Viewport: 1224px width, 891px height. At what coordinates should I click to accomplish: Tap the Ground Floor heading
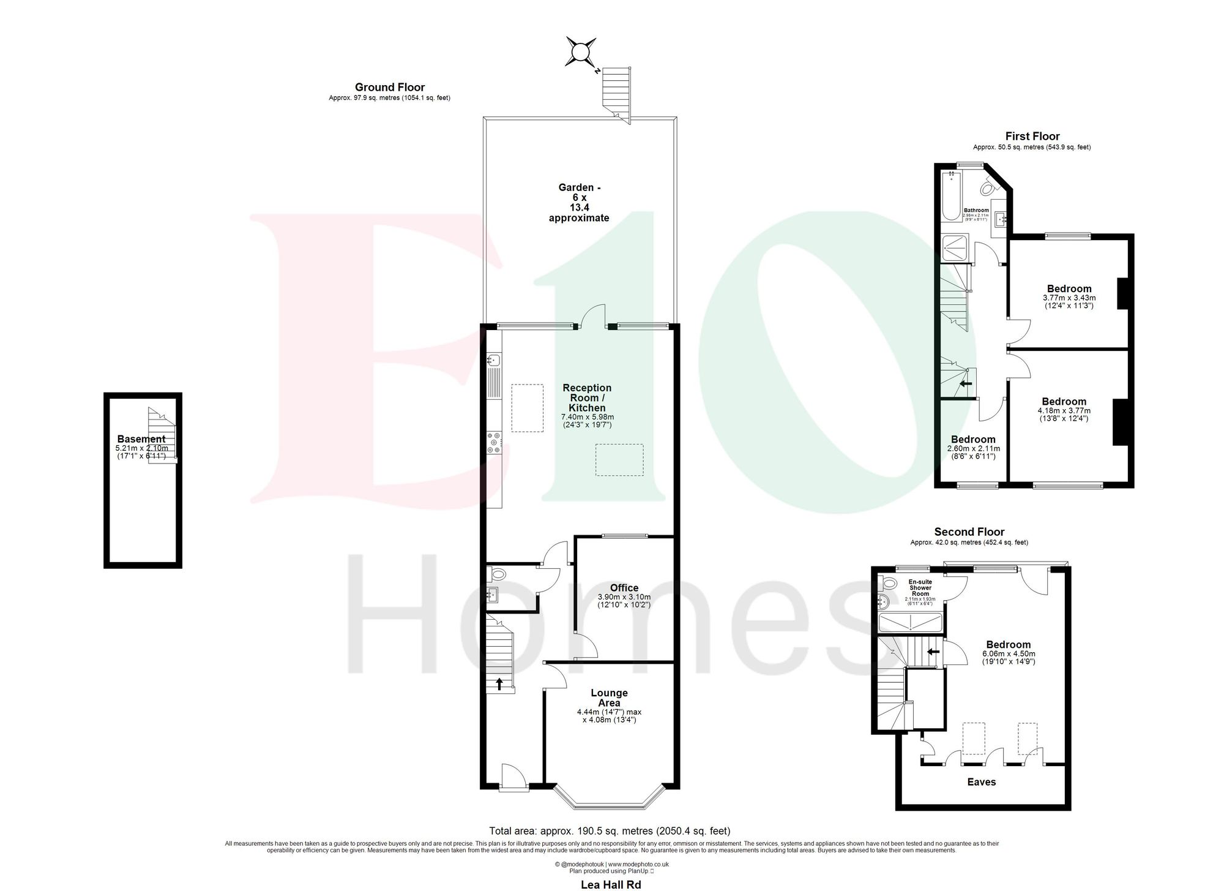pyautogui.click(x=390, y=88)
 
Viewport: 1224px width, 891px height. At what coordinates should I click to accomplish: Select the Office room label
pyautogui.click(x=624, y=588)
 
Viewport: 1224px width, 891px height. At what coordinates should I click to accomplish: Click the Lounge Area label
pyautogui.click(x=609, y=697)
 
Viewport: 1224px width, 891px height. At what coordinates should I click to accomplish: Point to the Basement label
pyautogui.click(x=141, y=439)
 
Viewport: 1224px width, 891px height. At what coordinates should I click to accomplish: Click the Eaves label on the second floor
pyautogui.click(x=982, y=782)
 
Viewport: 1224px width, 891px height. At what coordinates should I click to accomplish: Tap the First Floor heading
pyautogui.click(x=1032, y=136)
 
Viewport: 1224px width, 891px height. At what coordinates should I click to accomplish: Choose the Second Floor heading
pyautogui.click(x=969, y=532)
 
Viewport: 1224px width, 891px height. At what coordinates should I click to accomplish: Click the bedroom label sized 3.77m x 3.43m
pyautogui.click(x=1069, y=289)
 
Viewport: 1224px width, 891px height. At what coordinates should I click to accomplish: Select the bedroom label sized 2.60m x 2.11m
pyautogui.click(x=973, y=440)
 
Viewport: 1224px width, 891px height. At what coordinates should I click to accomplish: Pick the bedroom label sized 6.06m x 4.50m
pyautogui.click(x=1009, y=644)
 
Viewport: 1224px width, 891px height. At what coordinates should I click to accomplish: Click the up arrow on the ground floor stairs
pyautogui.click(x=499, y=683)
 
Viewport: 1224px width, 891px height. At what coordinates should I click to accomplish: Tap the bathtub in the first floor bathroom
pyautogui.click(x=951, y=196)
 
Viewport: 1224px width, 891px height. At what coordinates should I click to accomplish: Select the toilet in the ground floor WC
pyautogui.click(x=496, y=574)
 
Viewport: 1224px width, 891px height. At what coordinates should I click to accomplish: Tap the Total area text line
pyautogui.click(x=610, y=831)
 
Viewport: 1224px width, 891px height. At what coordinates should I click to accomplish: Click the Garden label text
pyautogui.click(x=579, y=203)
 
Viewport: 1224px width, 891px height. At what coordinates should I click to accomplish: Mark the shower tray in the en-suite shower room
pyautogui.click(x=911, y=623)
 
